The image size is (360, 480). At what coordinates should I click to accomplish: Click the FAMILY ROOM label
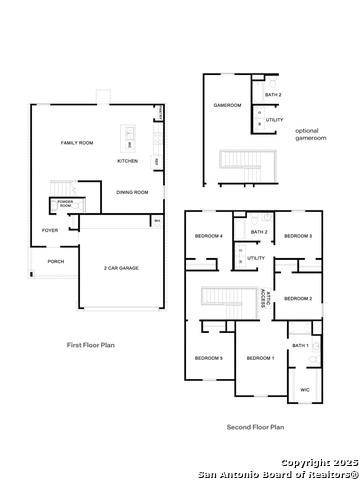point(77,143)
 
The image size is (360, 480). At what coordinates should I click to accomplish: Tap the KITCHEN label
point(128,161)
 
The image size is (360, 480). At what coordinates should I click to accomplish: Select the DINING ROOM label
point(132,192)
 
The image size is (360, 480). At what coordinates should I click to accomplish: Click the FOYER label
point(49,230)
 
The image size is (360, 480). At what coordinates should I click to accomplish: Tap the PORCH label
point(55,262)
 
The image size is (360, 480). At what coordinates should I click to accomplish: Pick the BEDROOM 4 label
point(208,236)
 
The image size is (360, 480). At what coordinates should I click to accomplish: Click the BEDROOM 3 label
point(298,236)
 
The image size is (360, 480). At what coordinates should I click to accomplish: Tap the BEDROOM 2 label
point(298,298)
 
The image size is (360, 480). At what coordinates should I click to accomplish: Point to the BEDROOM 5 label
point(208,358)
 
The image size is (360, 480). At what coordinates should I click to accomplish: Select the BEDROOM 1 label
point(260,358)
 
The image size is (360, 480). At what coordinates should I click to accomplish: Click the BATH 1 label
point(300,345)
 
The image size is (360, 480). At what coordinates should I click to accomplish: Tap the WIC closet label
point(304,389)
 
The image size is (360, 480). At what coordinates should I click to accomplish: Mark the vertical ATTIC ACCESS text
point(264,297)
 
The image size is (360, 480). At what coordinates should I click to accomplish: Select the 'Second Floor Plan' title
point(254,427)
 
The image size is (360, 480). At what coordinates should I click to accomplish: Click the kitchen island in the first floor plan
point(128,134)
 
